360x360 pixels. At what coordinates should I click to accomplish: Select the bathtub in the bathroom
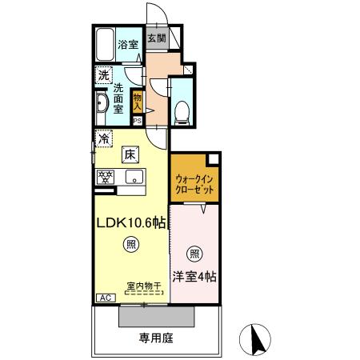(x=104, y=46)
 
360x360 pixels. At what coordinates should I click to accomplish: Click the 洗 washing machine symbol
(x=103, y=76)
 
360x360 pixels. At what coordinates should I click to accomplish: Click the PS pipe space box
(x=138, y=121)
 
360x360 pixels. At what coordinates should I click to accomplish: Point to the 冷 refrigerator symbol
(x=103, y=138)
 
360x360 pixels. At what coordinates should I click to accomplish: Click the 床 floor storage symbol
(x=129, y=156)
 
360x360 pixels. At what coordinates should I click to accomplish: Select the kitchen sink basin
(x=131, y=177)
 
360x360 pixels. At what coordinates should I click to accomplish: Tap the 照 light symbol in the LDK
(x=128, y=244)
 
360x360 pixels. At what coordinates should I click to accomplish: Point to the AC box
(x=104, y=297)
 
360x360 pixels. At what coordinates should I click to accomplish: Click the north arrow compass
(x=258, y=339)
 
